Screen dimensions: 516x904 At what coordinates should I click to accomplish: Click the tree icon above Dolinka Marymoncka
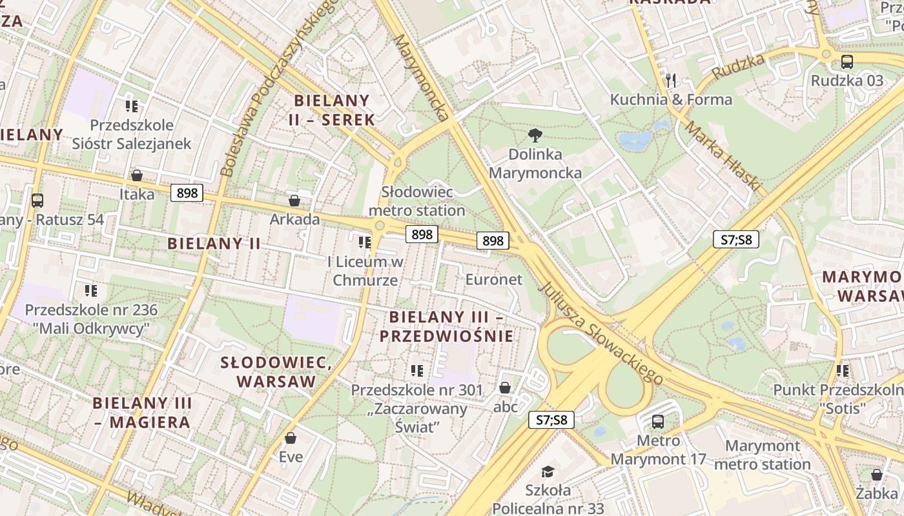click(535, 135)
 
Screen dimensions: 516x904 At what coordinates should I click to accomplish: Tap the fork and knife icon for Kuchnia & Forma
click(671, 81)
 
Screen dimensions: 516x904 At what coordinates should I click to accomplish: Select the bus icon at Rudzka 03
click(847, 62)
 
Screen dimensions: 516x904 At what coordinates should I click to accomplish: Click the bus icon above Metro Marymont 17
click(657, 422)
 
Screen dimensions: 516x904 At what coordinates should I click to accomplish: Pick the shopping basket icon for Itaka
click(137, 175)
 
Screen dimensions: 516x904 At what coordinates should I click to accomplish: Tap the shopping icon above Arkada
click(294, 201)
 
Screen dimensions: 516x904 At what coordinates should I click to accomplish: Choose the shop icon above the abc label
click(505, 388)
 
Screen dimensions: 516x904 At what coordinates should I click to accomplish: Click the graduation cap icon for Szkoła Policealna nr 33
click(548, 471)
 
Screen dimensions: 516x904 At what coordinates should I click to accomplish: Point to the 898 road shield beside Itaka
click(187, 193)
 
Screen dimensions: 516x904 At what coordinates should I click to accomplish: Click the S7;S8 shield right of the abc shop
click(551, 420)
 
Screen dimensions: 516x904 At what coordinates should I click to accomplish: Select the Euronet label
click(493, 279)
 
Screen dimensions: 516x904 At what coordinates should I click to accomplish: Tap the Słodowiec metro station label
click(416, 201)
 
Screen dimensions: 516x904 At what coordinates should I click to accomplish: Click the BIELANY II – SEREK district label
click(333, 110)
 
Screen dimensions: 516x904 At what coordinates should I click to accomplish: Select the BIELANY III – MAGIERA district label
click(142, 413)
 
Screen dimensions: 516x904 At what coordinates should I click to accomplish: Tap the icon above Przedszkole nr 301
click(416, 371)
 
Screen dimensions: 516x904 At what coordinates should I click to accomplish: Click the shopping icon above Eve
click(291, 439)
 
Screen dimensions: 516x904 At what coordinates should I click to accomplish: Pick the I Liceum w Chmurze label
click(365, 271)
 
